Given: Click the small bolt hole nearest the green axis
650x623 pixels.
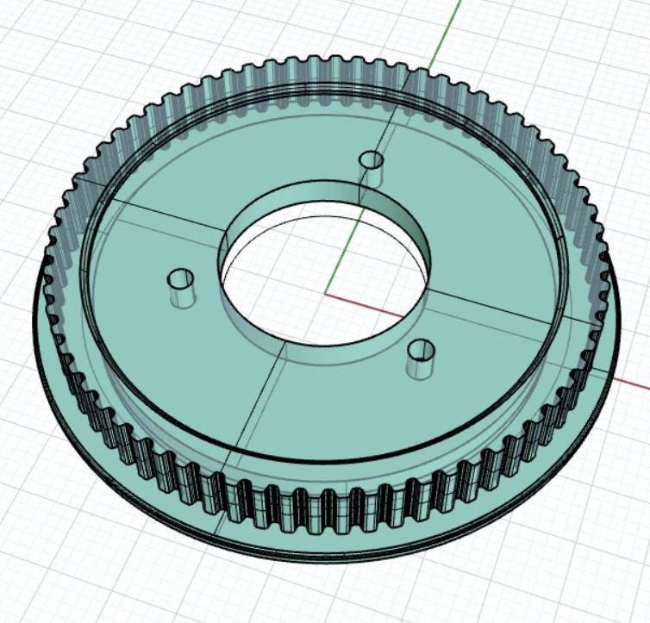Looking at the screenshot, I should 372,160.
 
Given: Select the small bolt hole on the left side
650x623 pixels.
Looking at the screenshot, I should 181,279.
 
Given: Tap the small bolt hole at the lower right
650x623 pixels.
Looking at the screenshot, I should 421,350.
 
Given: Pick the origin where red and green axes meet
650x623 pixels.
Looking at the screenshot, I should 326,294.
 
